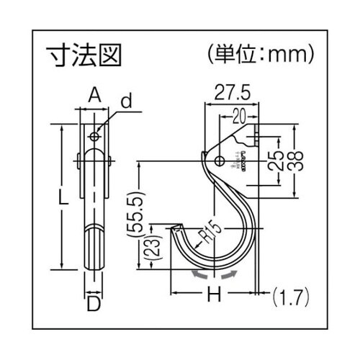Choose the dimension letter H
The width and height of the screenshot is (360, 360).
tap(212, 294)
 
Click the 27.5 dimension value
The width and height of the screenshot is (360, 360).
tap(232, 92)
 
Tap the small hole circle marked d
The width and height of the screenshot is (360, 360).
tap(94, 136)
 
